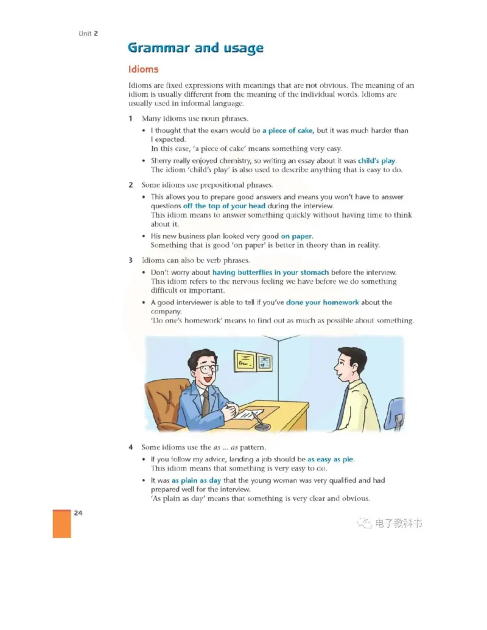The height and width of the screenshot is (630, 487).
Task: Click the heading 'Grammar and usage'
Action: point(195,47)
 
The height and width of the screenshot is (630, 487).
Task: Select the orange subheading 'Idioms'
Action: point(143,69)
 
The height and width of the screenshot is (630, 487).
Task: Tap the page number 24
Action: point(78,513)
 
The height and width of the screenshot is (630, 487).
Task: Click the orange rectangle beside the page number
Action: point(61,523)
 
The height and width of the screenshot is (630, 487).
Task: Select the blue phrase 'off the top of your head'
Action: point(224,206)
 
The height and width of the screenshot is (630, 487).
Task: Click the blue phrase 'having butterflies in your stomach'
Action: point(270,272)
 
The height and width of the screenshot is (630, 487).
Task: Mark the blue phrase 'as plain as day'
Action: point(196,480)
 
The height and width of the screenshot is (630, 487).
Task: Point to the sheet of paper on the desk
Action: point(241,414)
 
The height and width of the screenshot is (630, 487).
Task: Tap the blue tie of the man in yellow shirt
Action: point(343,405)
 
